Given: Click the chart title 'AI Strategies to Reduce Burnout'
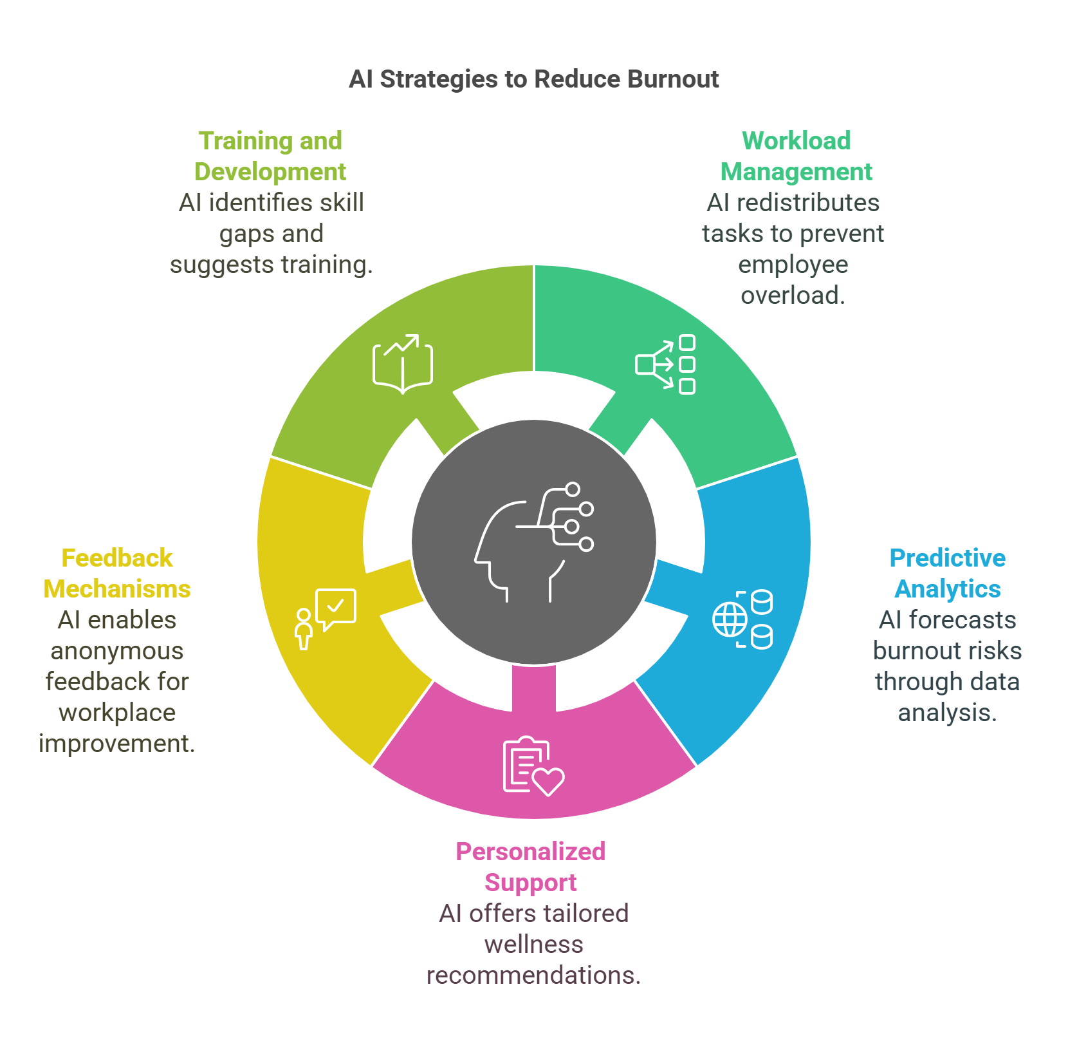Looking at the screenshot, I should (x=533, y=79).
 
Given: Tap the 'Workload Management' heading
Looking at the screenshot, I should (x=796, y=156).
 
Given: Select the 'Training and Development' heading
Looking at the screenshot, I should (x=270, y=156).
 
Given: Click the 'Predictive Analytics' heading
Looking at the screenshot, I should (x=947, y=573).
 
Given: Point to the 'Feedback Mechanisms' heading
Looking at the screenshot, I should (x=117, y=573).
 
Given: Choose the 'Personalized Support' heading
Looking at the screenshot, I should (x=531, y=867).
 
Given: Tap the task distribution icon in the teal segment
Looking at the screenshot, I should (x=666, y=364).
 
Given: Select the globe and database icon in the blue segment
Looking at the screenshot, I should (x=742, y=619).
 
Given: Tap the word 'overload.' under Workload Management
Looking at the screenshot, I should (x=793, y=296).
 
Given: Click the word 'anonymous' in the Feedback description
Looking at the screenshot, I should (x=117, y=651).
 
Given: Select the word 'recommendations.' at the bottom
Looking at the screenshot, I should (x=533, y=975).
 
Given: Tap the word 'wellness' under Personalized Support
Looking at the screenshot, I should (x=533, y=945).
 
